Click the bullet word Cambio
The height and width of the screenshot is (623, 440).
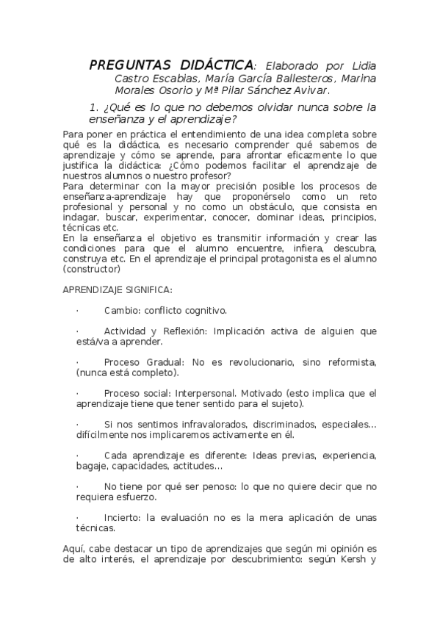[x=121, y=311]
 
